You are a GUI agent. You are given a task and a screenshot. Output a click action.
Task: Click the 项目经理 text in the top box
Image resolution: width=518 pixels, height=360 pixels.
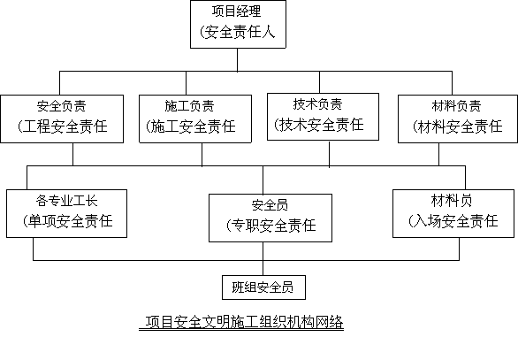[x=237, y=11]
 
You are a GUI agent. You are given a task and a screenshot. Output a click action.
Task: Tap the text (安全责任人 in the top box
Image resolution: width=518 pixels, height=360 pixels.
[x=237, y=33]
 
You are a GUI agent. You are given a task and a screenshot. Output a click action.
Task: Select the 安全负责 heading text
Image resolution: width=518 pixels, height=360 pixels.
[x=62, y=106]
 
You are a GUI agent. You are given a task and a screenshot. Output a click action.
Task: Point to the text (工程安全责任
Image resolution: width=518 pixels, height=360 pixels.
[x=63, y=126]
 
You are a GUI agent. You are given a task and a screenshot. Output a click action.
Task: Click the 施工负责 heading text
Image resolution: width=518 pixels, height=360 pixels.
[x=190, y=106]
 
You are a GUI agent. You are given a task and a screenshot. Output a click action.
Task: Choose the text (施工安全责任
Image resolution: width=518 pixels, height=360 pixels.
[x=191, y=126]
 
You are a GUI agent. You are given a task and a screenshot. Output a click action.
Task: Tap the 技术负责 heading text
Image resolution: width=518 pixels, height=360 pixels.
[x=317, y=103]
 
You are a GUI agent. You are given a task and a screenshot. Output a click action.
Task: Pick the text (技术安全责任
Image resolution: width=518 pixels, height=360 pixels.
[x=319, y=125]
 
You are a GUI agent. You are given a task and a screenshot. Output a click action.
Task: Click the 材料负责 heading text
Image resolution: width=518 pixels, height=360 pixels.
[x=456, y=106]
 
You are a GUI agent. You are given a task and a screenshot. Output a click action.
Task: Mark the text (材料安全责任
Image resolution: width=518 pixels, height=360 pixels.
[x=458, y=126]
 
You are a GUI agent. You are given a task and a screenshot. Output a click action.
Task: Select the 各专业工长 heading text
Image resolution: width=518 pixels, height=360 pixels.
[x=66, y=200]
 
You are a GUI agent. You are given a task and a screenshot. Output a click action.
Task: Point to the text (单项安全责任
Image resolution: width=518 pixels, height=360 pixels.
[x=68, y=221]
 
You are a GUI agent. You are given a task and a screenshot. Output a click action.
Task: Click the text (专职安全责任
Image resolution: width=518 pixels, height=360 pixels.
[x=270, y=226]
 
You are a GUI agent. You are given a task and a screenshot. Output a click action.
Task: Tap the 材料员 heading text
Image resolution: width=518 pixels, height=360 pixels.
[x=452, y=200]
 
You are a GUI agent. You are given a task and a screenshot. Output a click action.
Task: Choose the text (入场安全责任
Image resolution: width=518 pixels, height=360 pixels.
[x=453, y=221]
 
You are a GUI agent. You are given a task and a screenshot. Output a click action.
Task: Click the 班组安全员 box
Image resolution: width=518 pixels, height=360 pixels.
[x=263, y=287]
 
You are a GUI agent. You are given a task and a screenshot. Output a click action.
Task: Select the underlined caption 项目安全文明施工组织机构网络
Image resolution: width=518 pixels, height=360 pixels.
[x=241, y=322]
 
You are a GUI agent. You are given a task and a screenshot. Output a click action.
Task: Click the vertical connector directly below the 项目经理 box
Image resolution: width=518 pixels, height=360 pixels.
[x=237, y=60]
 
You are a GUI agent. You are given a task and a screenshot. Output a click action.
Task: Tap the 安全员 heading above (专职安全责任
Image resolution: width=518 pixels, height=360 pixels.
[x=270, y=205]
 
